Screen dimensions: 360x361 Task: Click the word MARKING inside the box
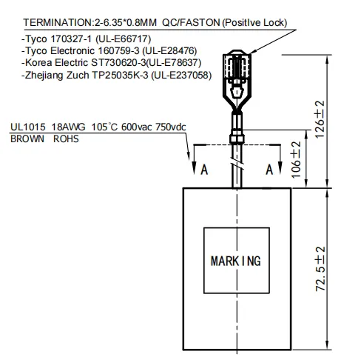[236, 261]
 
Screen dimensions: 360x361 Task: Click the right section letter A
[270, 170]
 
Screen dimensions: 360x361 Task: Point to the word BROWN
[27, 138]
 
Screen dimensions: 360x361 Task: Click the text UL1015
[26, 127]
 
